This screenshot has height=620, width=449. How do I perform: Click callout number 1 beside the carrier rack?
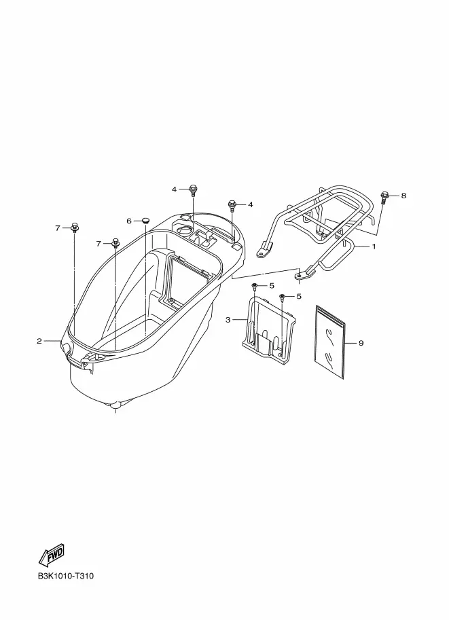coord(373,247)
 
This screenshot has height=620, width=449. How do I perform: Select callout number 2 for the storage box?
coord(39,341)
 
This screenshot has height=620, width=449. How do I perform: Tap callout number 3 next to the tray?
coord(228,319)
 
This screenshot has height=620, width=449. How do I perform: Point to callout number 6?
coord(129,221)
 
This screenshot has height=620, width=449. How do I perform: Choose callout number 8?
coord(403,196)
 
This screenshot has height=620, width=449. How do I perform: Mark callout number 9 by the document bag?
coord(361,343)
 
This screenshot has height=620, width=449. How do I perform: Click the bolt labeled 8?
coord(384,197)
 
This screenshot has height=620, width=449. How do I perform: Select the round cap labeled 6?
coord(145,221)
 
